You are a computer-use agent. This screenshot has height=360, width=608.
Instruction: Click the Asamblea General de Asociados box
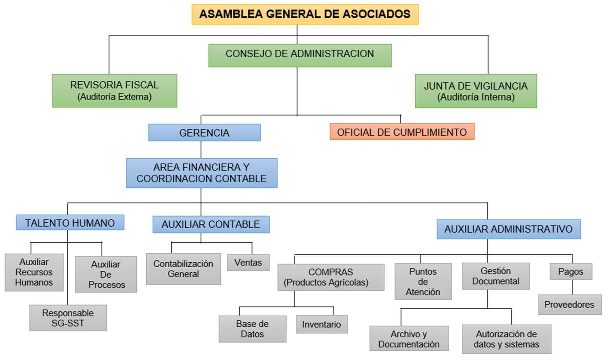[x=305, y=14]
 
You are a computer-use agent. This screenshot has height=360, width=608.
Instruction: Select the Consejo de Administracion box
[x=300, y=56]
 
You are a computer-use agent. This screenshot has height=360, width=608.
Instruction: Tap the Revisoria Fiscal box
[x=114, y=90]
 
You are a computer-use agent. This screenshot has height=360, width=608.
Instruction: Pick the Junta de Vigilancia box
[x=476, y=91]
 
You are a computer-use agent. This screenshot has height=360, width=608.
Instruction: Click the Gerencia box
[x=204, y=133]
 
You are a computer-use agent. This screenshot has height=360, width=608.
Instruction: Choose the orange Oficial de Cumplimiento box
[x=402, y=132]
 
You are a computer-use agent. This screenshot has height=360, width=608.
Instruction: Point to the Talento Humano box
[x=70, y=223]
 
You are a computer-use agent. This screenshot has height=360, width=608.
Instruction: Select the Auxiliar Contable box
[x=211, y=224]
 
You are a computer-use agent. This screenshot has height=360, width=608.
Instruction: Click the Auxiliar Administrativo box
[x=509, y=229]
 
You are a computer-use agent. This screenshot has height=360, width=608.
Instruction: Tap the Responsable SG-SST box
[x=68, y=318]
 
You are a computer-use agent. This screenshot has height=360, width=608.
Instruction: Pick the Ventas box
[x=248, y=263]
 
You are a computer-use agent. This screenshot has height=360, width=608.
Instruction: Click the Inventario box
[x=322, y=324]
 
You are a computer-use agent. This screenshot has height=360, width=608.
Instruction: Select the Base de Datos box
[x=252, y=329]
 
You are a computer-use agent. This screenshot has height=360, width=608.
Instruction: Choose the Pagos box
[x=571, y=272]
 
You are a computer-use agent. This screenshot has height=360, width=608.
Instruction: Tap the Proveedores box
[x=570, y=305]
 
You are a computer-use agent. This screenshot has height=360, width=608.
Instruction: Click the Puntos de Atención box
[x=423, y=282]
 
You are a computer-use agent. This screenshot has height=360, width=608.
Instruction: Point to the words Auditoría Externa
[x=114, y=97]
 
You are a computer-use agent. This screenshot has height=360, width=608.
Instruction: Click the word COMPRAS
[x=331, y=272]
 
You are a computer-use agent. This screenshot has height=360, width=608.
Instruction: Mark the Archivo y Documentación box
[x=409, y=339]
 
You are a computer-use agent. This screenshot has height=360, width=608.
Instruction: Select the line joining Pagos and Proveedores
[x=572, y=287]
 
